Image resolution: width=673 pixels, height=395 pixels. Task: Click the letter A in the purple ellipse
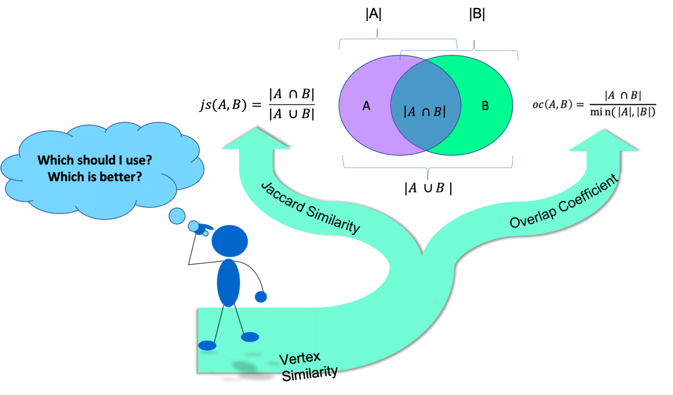(x=366, y=106)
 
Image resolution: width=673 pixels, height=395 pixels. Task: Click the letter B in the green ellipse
(x=485, y=106)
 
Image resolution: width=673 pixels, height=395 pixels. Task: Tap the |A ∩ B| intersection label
(x=425, y=112)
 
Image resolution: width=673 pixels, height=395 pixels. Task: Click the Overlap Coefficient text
(x=563, y=202)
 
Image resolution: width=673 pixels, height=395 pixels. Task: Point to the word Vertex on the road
(x=300, y=358)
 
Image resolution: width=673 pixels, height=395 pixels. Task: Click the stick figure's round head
(x=230, y=241)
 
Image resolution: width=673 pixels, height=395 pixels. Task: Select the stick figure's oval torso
(x=228, y=283)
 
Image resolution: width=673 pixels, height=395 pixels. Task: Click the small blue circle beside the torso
(x=261, y=297)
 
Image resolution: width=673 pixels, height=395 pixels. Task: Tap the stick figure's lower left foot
(x=207, y=345)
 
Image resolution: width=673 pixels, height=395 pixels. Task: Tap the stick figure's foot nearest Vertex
(x=250, y=337)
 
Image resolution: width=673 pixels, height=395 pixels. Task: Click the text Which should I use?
(x=95, y=160)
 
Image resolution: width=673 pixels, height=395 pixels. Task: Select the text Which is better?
(x=95, y=177)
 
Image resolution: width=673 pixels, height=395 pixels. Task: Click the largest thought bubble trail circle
(x=177, y=216)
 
